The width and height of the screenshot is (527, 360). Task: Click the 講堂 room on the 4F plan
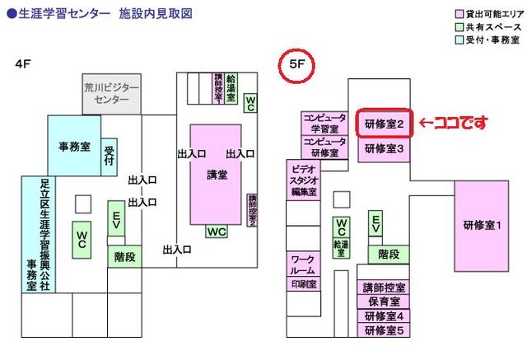click(217, 174)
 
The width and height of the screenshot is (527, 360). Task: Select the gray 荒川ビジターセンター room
click(112, 92)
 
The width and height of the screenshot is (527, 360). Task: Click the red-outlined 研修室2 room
click(383, 125)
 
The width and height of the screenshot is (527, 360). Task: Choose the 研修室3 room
click(383, 149)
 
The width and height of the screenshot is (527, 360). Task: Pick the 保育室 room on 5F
click(383, 302)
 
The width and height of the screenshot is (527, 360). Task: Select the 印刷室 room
click(302, 283)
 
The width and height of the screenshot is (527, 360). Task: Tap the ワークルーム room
click(302, 264)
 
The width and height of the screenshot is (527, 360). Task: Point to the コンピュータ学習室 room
click(324, 123)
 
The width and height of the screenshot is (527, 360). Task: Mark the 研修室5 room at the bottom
click(383, 330)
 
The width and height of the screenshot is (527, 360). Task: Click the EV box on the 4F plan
click(116, 222)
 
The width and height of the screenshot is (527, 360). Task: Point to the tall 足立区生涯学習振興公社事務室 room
click(39, 234)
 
